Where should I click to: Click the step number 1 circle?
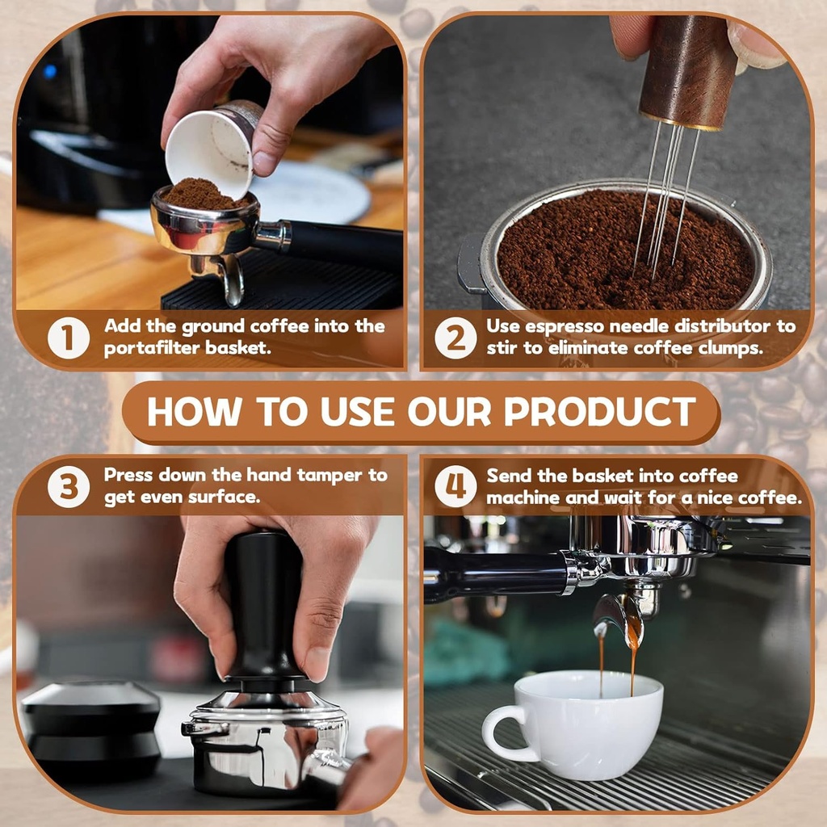69,338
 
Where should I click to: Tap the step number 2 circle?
455,338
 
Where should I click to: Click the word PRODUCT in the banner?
600,412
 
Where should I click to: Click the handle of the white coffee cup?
499,731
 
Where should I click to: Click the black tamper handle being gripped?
263,598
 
